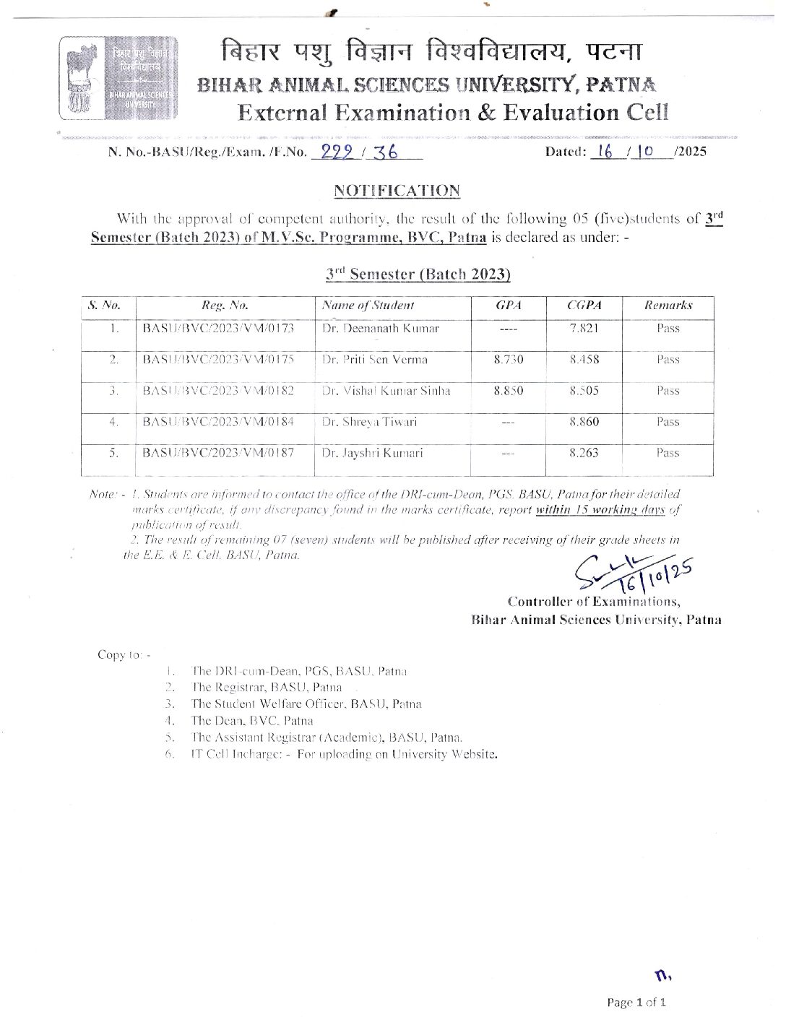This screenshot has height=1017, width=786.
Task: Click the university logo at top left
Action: tap(118, 79)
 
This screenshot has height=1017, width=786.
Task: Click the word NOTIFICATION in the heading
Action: tap(397, 191)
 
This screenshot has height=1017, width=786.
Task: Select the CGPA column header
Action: tap(584, 306)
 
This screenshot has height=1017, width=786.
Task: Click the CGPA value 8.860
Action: tap(584, 422)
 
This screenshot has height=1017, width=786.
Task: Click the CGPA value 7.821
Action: tap(584, 329)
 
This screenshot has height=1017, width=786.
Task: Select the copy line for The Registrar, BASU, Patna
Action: tap(267, 687)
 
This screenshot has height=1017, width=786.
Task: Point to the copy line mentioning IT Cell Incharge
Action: tap(344, 754)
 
